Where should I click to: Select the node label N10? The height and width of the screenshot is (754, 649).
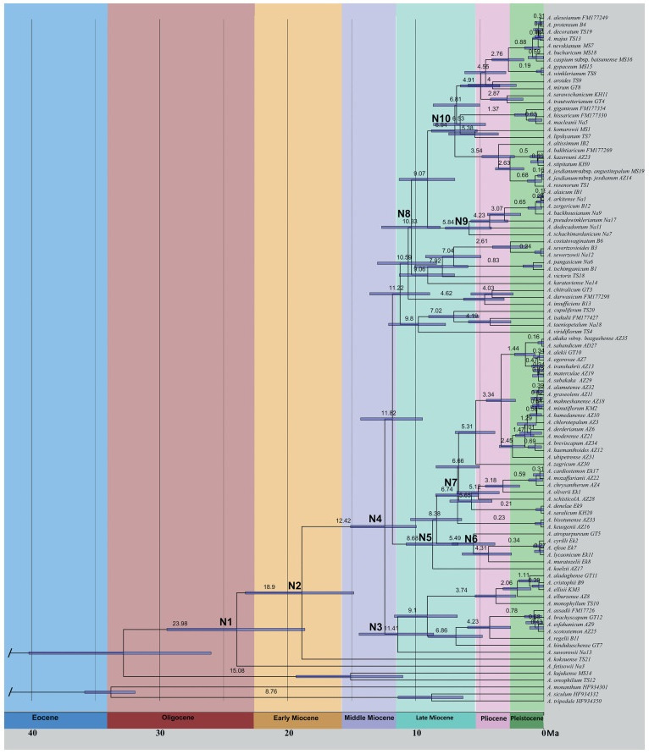pos(441,118)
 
